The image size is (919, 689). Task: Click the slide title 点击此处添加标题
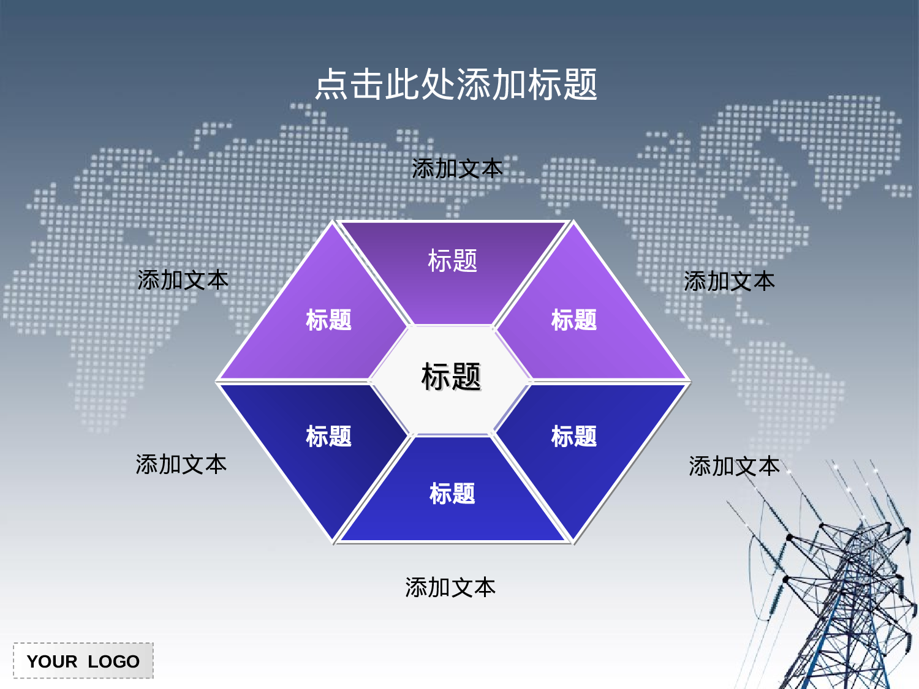point(456,84)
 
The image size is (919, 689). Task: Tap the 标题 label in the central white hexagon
point(452,377)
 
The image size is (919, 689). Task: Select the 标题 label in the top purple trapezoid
point(452,261)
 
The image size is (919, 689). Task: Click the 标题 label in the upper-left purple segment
point(328,320)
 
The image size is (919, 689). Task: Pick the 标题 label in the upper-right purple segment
point(574,320)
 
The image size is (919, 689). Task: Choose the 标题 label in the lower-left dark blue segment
point(328,436)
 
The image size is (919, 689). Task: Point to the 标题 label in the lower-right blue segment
point(574,436)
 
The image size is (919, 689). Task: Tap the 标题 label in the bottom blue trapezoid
point(452,494)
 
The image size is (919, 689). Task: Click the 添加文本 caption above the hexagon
point(457,168)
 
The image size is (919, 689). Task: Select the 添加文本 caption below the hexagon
point(450,587)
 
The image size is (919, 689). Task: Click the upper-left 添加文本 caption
point(183,280)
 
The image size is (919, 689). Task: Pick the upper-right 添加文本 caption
point(729,281)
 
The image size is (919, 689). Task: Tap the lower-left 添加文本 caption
point(181,464)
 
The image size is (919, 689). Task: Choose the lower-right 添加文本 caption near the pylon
point(734,466)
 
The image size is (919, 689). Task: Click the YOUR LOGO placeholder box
point(83,661)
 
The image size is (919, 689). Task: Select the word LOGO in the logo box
point(113,661)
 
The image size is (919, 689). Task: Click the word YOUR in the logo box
point(52,661)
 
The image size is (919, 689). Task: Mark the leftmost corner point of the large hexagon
point(216,381)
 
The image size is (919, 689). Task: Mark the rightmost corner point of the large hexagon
point(690,382)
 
